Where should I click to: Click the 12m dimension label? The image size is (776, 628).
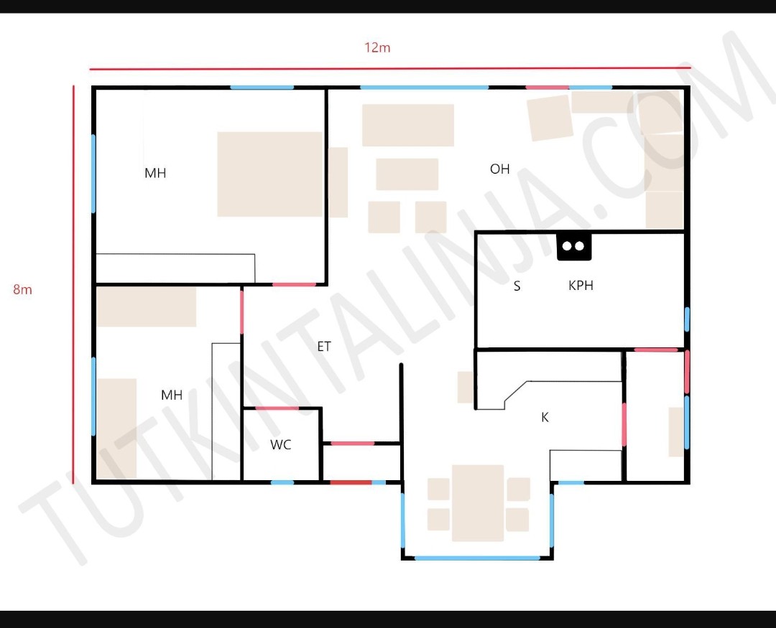(377, 47)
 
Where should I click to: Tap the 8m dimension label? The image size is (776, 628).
(22, 289)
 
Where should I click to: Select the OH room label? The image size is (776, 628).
(499, 169)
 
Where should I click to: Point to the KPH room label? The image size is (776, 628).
(581, 286)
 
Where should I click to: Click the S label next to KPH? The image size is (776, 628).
(517, 286)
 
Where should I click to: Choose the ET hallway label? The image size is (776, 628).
(323, 346)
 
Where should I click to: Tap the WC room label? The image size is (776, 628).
(281, 444)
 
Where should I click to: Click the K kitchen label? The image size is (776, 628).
(545, 417)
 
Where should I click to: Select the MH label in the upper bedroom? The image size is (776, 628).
(155, 173)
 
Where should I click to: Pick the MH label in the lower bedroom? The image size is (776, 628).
(172, 395)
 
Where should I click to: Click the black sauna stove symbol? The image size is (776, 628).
(574, 246)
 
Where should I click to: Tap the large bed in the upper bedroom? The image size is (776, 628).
(269, 174)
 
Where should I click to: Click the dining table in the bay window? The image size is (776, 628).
(478, 503)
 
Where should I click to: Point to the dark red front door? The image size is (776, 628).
(351, 482)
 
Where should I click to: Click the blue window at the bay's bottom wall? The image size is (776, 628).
(477, 558)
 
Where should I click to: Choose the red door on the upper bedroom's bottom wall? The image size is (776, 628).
(294, 284)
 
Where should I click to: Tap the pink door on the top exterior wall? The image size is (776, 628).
(547, 88)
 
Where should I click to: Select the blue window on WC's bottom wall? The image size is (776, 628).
(282, 482)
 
